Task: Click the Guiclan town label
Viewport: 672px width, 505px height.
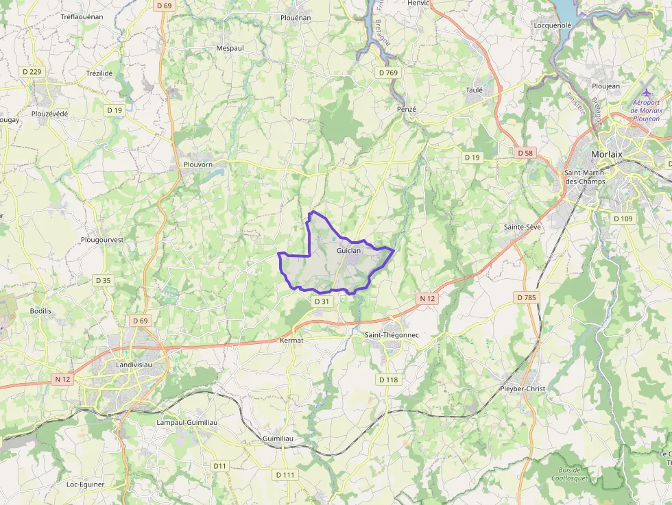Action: [x=348, y=251]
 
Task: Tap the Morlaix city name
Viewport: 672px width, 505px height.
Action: [x=606, y=154]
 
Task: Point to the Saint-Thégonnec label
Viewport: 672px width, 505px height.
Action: [x=392, y=334]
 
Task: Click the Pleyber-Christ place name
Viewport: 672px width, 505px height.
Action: [x=523, y=389]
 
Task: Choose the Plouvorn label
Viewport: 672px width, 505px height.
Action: [x=199, y=164]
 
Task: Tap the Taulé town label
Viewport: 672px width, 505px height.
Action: [x=475, y=90]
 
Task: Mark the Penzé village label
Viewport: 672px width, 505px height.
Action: [x=407, y=109]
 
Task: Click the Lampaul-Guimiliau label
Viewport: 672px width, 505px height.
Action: [x=187, y=422]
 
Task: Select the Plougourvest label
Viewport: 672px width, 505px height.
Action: [x=101, y=240]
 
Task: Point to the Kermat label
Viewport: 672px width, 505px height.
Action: [x=292, y=340]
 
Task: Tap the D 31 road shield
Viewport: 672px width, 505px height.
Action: [x=322, y=301]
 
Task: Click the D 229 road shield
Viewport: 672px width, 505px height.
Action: [x=32, y=71]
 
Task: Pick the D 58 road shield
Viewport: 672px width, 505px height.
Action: [x=525, y=153]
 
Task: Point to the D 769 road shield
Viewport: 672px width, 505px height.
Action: [x=387, y=72]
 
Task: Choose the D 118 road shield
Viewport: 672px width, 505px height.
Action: [x=387, y=380]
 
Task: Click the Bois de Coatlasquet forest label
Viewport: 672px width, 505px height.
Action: [x=569, y=473]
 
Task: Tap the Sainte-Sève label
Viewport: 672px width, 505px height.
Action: [x=523, y=226]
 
